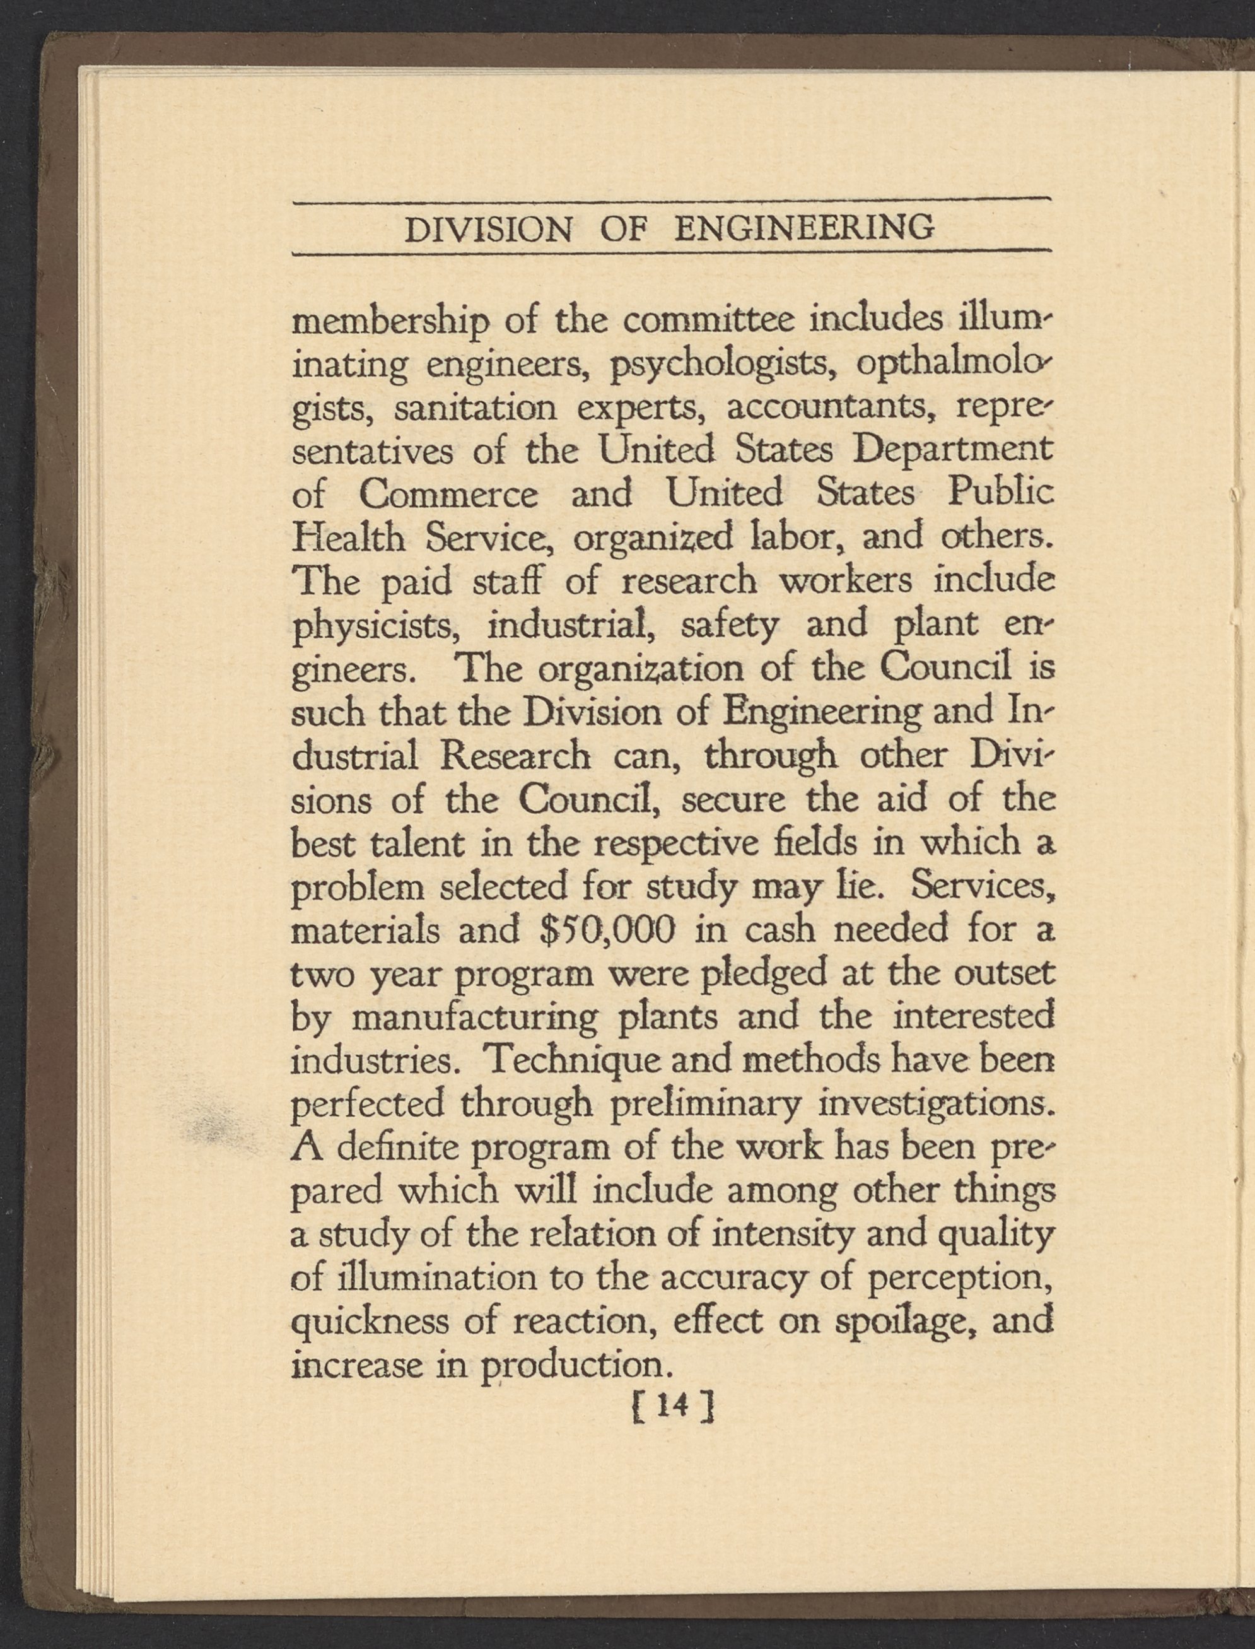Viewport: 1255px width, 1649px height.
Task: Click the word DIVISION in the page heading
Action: pyautogui.click(x=487, y=228)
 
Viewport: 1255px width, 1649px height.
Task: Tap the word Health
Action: pyautogui.click(x=348, y=537)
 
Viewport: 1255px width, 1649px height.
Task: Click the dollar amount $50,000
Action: pyautogui.click(x=607, y=932)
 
